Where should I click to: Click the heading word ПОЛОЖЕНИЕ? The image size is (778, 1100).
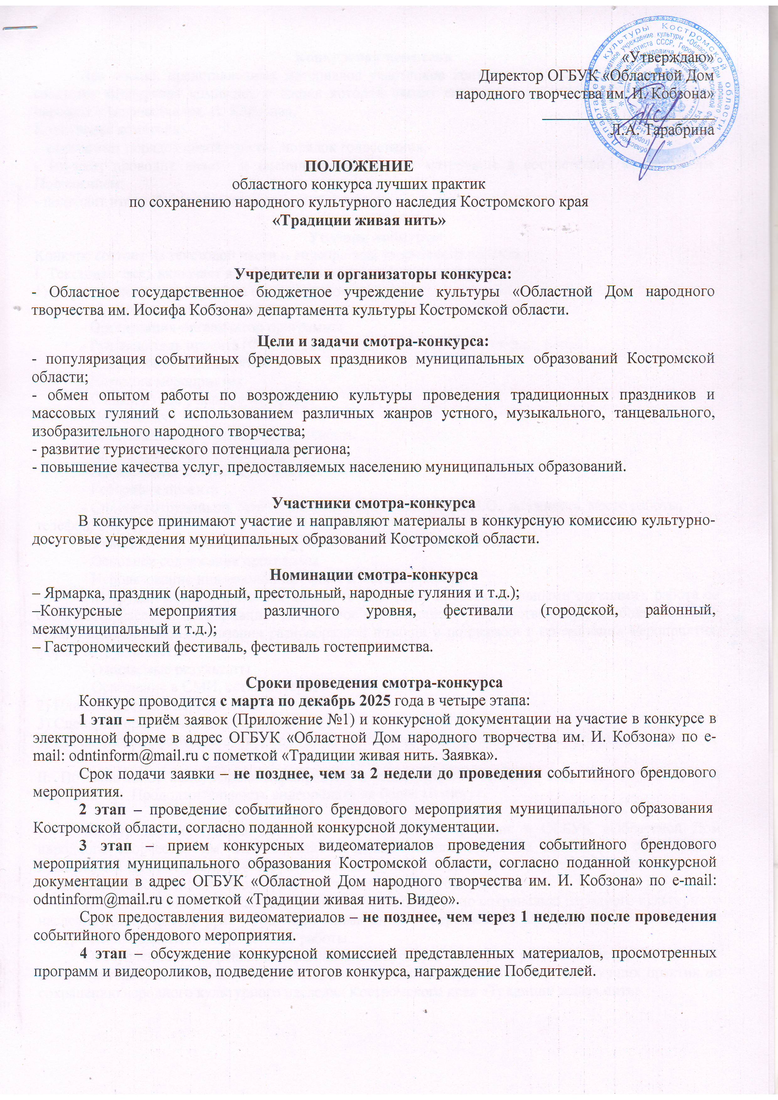click(359, 166)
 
